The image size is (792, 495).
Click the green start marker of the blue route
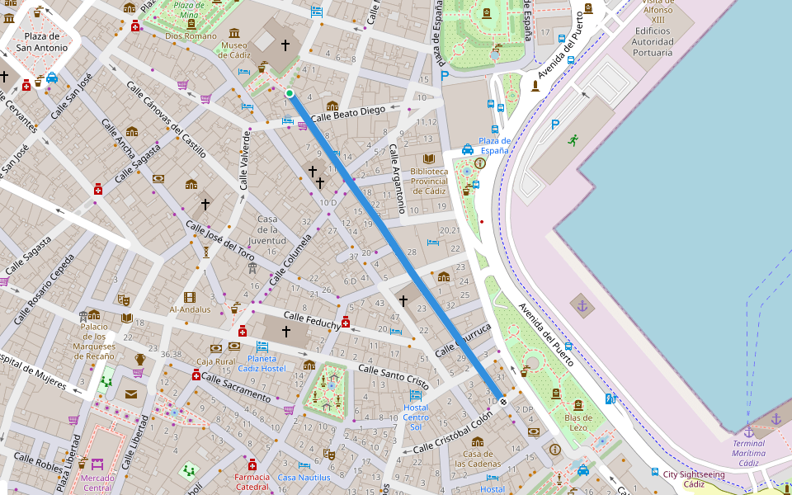290,94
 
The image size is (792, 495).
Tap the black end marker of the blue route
503,402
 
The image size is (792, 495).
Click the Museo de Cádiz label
233,51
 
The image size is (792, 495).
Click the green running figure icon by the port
573,139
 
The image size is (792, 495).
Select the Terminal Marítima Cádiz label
748,453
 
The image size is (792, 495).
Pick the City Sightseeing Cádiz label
694,479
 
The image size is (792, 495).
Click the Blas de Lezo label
577,422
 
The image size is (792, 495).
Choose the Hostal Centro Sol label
416,417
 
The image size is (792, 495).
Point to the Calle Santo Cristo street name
393,376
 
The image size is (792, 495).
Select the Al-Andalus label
191,309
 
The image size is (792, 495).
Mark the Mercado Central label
97,483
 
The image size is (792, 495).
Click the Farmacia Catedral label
252,481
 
